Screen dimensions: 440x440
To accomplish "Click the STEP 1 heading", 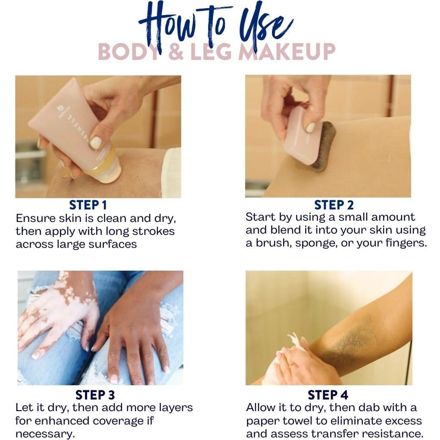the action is pyautogui.click(x=88, y=205).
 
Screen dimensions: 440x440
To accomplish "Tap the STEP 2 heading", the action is pyautogui.click(x=334, y=205).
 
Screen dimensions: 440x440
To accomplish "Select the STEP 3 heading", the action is pyautogui.click(x=95, y=395).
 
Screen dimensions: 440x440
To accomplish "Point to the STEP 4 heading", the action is pyautogui.click(x=328, y=395).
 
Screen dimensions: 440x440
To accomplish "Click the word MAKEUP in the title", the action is pyautogui.click(x=287, y=52).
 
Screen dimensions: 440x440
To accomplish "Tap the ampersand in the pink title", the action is pyautogui.click(x=176, y=52).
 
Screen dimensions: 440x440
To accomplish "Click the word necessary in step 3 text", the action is pyautogui.click(x=45, y=434).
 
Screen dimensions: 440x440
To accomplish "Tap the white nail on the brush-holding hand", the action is pyautogui.click(x=311, y=128).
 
